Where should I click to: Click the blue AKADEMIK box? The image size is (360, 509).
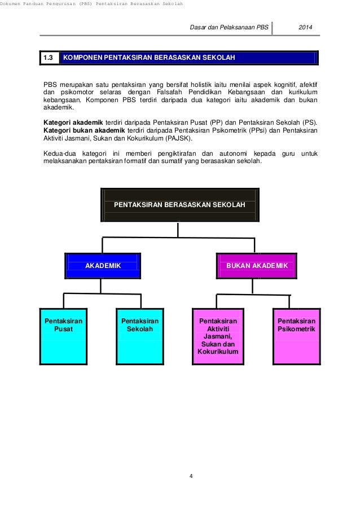(x=103, y=265)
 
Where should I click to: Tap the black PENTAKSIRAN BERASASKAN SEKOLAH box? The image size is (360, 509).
(x=179, y=205)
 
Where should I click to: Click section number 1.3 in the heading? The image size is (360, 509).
(x=48, y=58)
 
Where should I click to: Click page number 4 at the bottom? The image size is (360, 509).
(x=191, y=476)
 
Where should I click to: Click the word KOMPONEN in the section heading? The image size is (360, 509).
(x=84, y=58)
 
